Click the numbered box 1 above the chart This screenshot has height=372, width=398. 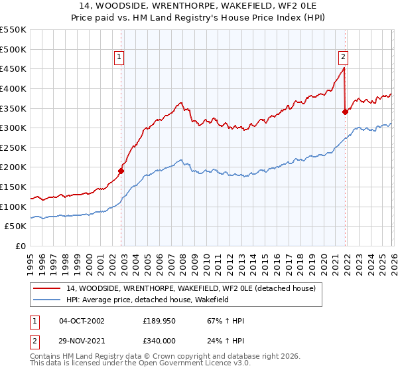pos(119,57)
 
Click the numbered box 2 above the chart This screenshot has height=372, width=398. pos(344,57)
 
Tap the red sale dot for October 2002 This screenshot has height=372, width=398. pos(121,171)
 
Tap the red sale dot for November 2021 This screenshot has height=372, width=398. pos(345,112)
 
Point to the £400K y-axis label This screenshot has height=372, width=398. pos(13,88)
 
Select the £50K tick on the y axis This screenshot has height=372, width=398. pos(16,227)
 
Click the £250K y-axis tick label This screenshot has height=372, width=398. pos(13,147)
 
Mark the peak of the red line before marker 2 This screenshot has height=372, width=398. pos(343,68)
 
